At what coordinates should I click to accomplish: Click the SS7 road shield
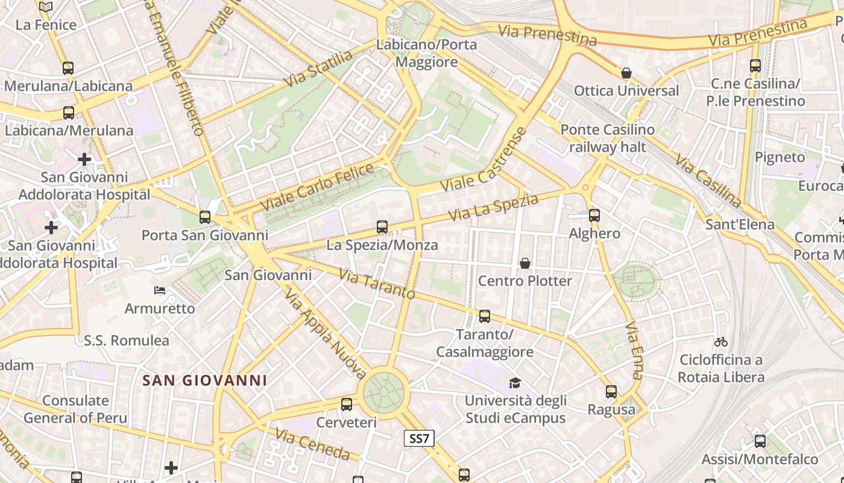pos(419,438)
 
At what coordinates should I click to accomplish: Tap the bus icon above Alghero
pos(594,215)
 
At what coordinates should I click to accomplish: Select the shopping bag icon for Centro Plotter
pos(525,263)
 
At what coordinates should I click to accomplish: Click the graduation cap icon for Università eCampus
pos(515,383)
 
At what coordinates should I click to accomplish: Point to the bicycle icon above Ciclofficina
pos(720,342)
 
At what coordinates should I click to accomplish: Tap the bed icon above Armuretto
pos(160,290)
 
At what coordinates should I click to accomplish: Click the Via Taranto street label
pos(377,284)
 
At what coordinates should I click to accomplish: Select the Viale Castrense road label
pos(485,160)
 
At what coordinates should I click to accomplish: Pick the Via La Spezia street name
pos(493,207)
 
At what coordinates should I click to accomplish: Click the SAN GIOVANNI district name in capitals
pos(204,380)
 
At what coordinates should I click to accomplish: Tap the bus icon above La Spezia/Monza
pos(382,227)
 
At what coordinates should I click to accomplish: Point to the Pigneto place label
pos(780,157)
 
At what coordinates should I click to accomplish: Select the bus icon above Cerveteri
pos(347,405)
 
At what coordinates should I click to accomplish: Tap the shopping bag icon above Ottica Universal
pos(626,73)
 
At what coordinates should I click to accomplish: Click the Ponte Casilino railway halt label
pos(607,138)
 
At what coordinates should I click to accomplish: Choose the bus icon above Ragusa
pos(611,392)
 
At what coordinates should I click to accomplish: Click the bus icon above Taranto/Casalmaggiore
pos(484,316)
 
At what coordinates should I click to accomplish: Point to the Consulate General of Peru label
pos(76,409)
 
